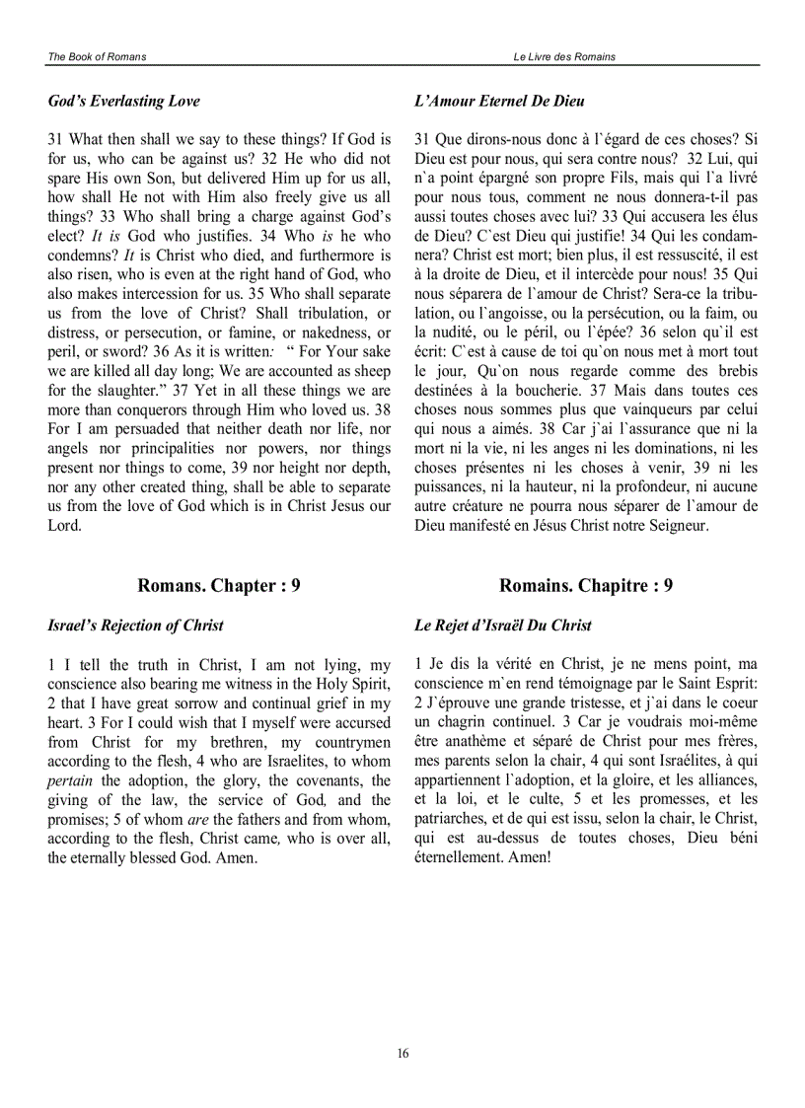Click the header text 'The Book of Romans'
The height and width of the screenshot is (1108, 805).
pos(97,57)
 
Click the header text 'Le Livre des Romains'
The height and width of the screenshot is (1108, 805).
pos(564,57)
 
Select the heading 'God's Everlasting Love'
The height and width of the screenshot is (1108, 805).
pos(123,101)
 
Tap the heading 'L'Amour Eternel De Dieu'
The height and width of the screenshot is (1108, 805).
pos(499,101)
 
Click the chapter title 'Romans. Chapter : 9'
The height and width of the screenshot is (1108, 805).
pos(219,585)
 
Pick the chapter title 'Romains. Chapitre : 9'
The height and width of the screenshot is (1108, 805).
pos(586,585)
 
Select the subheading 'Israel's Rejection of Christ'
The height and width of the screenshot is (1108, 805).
pos(135,625)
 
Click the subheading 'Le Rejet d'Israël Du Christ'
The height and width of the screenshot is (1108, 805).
pos(503,625)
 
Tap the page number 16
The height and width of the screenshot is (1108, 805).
pos(402,1053)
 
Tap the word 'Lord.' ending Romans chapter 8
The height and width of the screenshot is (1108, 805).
pos(64,525)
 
